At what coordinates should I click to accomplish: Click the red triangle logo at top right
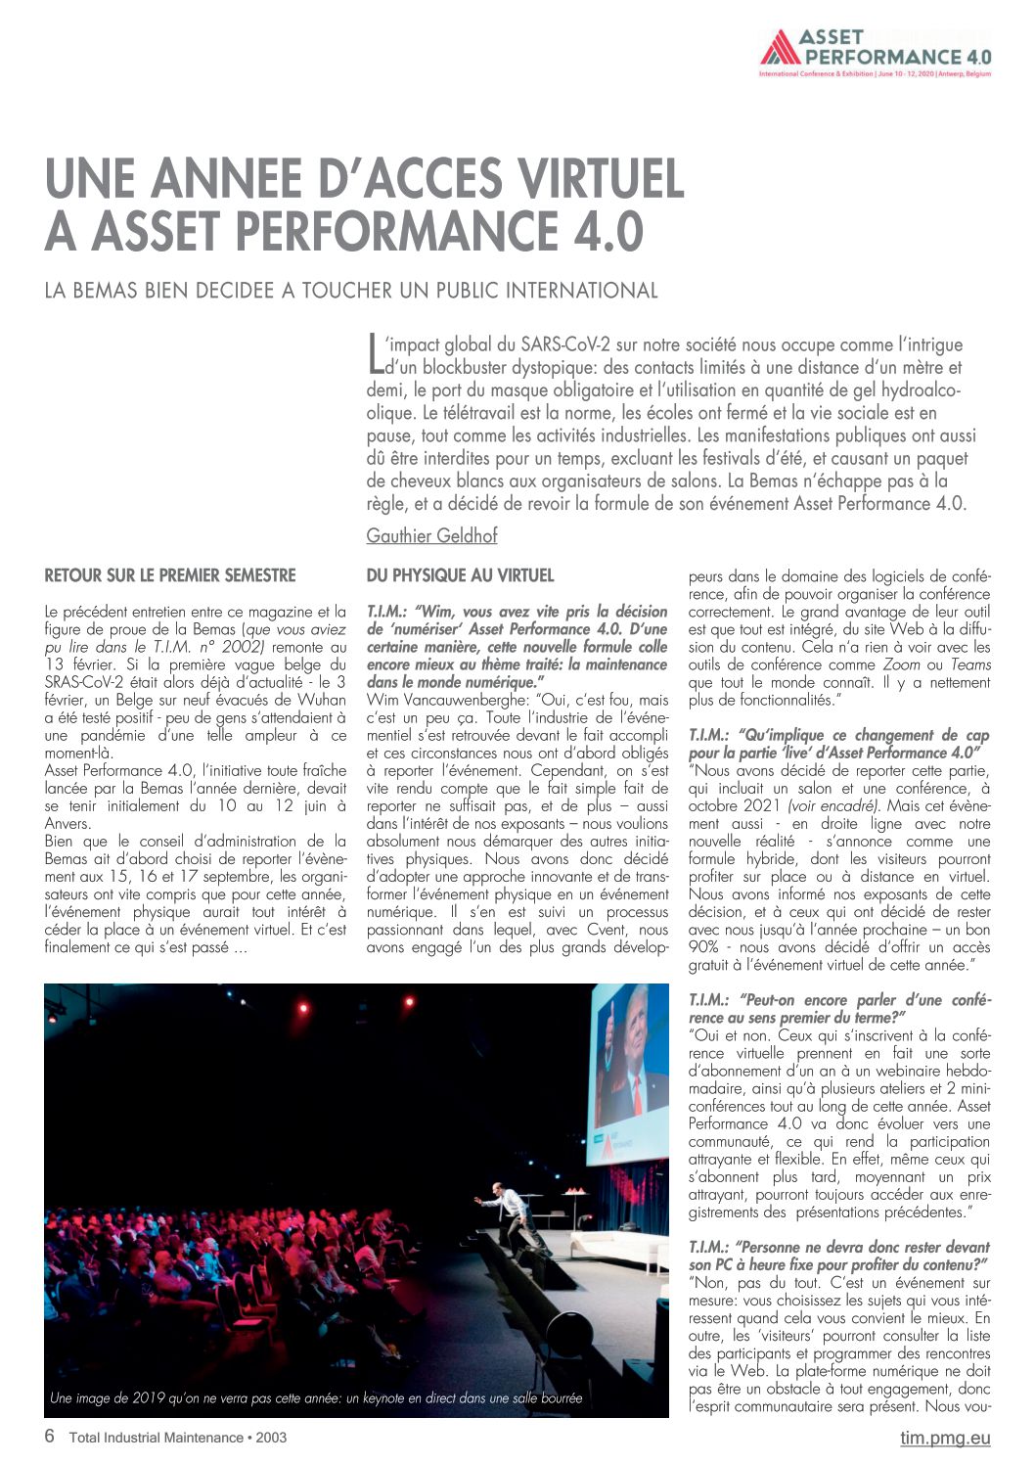pyautogui.click(x=780, y=47)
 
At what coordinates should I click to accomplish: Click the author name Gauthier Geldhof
pyautogui.click(x=431, y=535)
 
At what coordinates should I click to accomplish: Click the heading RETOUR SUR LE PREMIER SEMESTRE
pyautogui.click(x=170, y=575)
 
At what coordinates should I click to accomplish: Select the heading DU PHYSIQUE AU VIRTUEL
pyautogui.click(x=460, y=575)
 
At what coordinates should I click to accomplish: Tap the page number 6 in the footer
pyautogui.click(x=50, y=1437)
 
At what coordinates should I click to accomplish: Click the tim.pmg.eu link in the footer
pyautogui.click(x=945, y=1438)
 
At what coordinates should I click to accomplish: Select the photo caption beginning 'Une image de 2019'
pyautogui.click(x=316, y=1398)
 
